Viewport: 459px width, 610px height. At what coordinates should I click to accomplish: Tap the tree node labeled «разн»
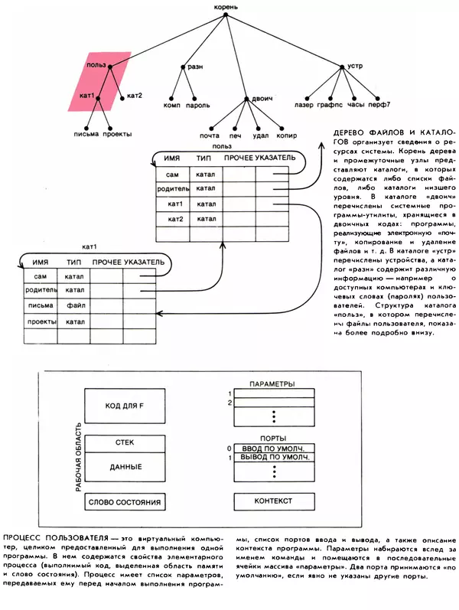[196, 67]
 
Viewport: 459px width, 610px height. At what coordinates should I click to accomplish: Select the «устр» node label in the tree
[355, 67]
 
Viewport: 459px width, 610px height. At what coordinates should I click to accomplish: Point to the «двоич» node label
[262, 99]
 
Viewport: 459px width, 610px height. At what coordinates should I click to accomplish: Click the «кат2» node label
[135, 96]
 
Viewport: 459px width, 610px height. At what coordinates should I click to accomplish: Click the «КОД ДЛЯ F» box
[124, 405]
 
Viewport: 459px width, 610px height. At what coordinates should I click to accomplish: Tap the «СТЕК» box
[124, 443]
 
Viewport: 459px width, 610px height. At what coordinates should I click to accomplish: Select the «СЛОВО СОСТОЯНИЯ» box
[124, 502]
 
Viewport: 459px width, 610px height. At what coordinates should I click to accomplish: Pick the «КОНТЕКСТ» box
[274, 502]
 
